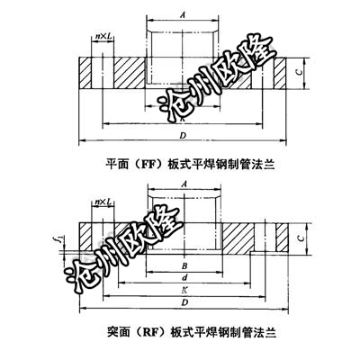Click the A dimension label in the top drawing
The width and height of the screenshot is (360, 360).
point(183,15)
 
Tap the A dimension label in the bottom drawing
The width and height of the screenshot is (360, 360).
point(184,184)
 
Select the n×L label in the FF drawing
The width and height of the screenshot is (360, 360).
point(103,36)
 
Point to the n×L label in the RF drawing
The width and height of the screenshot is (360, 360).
point(103,202)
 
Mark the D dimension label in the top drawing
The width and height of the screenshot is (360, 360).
point(183,136)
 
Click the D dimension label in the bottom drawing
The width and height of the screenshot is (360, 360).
point(184,302)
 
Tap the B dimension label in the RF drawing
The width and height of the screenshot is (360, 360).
point(184,265)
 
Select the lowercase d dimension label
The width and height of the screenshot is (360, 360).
point(184,278)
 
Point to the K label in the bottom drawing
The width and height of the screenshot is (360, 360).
point(184,290)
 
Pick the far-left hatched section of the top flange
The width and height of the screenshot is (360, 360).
point(85,73)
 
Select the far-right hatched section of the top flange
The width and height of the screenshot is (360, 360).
point(280,73)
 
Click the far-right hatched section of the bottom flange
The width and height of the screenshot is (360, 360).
point(282,238)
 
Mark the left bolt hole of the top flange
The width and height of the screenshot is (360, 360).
point(103,73)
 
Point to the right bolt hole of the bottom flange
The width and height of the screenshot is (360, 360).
point(265,238)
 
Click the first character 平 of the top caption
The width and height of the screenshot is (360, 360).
point(111,165)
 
